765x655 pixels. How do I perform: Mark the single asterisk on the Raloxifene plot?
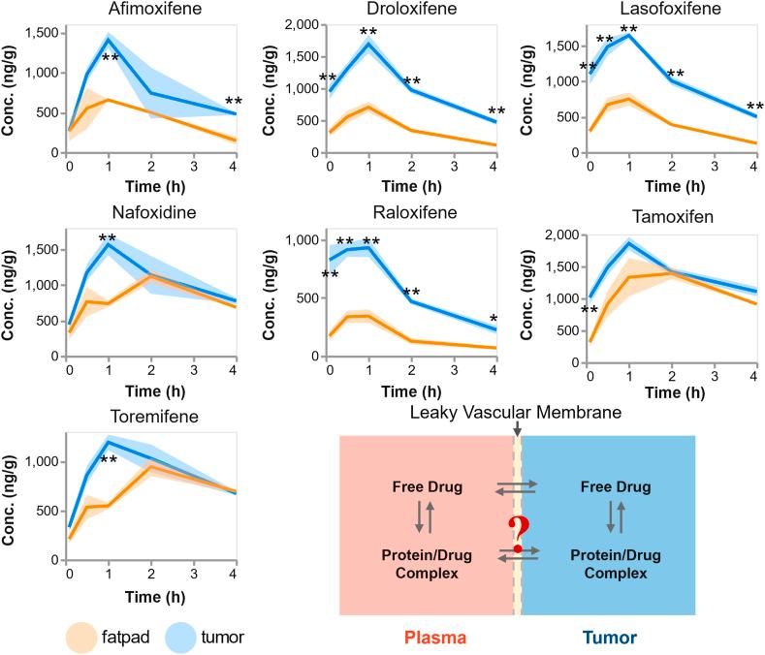pos(494,320)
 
